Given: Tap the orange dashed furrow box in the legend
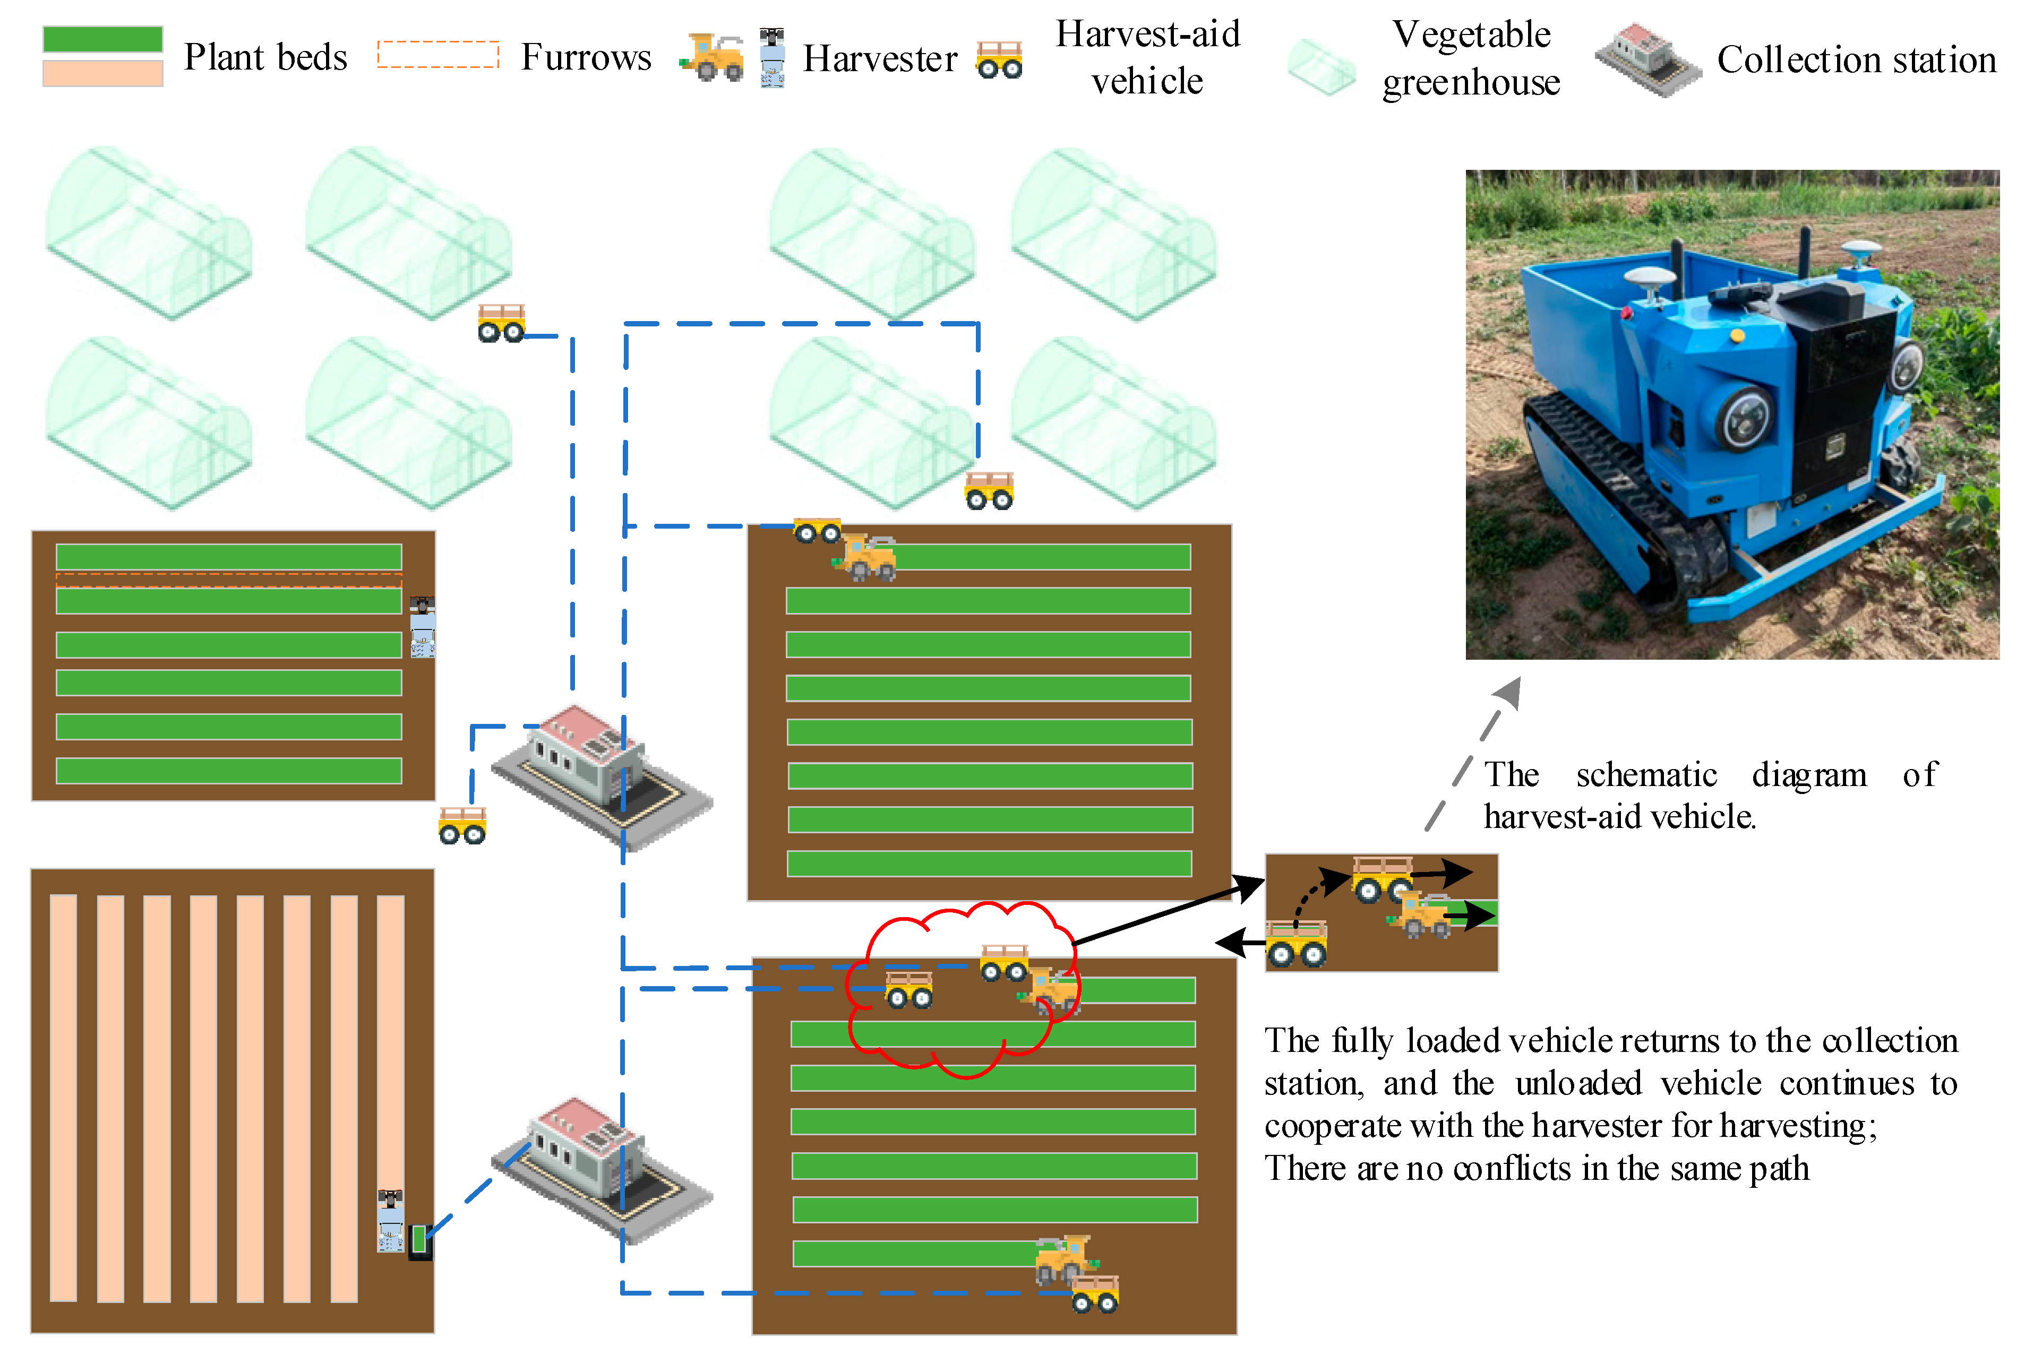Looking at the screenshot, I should pos(438,55).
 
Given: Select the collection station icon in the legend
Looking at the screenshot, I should pos(1646,59).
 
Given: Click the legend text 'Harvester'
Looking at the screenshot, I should pos(879,59).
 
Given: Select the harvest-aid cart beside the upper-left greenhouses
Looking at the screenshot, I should pos(501,323).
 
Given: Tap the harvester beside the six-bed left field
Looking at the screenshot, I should pos(423,626).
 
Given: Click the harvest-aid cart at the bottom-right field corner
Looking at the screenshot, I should pos(1095,1293).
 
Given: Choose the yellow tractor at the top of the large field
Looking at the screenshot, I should pos(867,557).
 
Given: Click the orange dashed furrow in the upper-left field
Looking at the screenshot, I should pos(228,580).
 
